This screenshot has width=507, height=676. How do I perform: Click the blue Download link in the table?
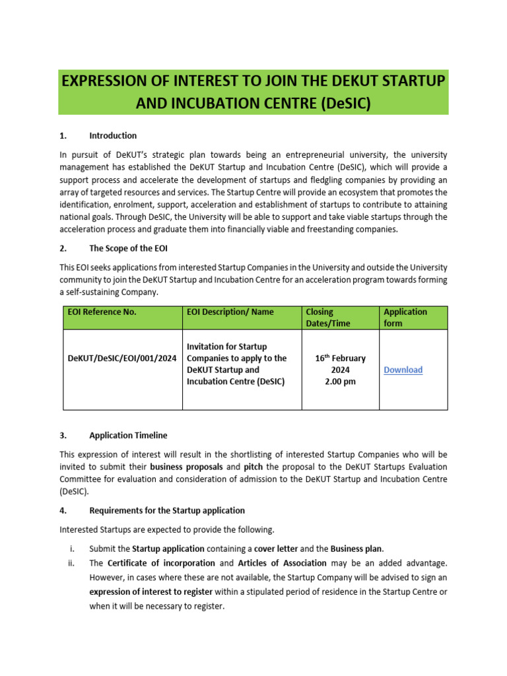coord(403,370)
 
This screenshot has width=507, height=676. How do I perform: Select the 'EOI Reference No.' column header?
coord(102,312)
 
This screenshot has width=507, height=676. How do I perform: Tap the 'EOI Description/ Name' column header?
coord(230,312)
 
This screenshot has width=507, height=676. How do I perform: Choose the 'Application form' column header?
coord(405,318)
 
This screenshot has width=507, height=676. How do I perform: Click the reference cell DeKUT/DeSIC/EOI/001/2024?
coord(122,358)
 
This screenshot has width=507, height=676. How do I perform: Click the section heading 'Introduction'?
coord(113,135)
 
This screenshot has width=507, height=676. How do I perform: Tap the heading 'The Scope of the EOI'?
coord(132,249)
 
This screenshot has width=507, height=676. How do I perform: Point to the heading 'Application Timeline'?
coord(128,435)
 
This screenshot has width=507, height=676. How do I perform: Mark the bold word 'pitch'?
coord(253,466)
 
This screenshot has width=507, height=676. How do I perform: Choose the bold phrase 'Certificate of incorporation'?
coord(161,563)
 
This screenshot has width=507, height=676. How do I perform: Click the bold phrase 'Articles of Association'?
coord(283,563)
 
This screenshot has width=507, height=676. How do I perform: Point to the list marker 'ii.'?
coord(72,563)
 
